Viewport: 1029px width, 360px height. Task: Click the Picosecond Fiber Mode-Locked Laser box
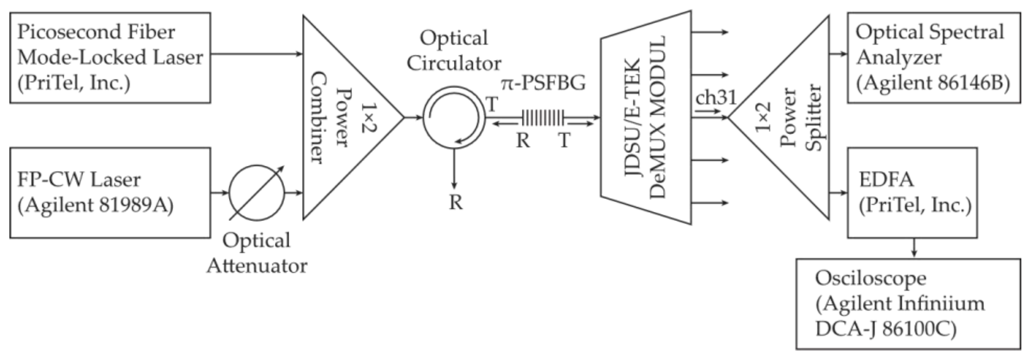click(110, 58)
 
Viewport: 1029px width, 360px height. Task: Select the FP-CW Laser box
click(110, 193)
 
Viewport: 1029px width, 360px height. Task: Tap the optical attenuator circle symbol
click(257, 193)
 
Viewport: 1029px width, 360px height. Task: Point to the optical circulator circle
click(454, 117)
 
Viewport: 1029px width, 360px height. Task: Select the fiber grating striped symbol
click(542, 117)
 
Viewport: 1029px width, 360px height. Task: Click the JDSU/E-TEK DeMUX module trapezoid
click(646, 117)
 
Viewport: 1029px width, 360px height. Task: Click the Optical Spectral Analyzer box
click(933, 58)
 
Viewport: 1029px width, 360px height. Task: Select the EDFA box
click(912, 193)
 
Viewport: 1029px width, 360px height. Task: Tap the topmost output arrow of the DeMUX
click(710, 32)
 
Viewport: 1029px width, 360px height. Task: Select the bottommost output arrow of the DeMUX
click(710, 203)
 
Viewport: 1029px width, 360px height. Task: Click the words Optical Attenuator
click(257, 253)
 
